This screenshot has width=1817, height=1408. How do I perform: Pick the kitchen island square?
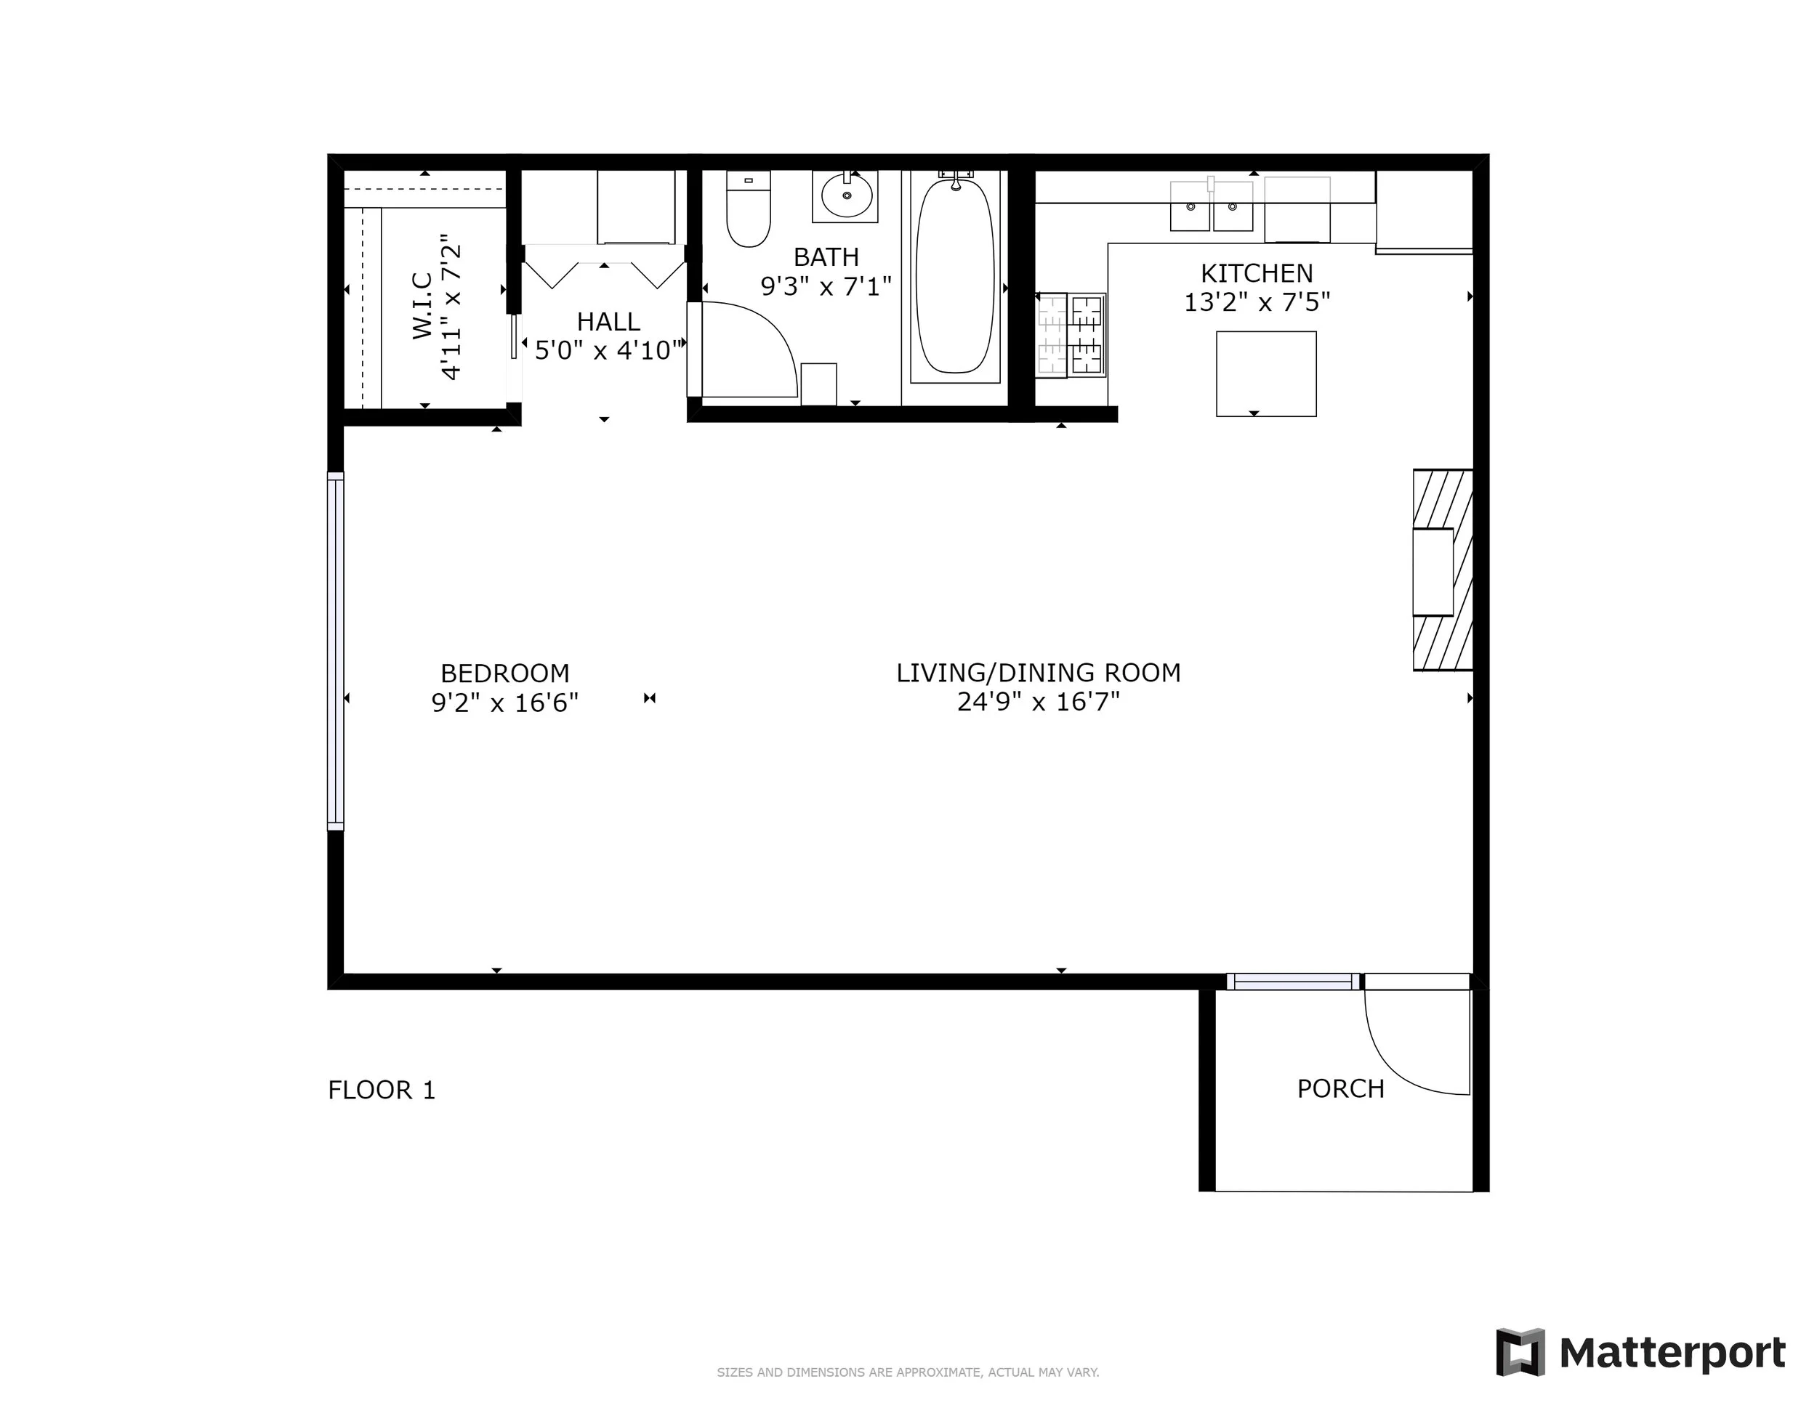pos(1265,373)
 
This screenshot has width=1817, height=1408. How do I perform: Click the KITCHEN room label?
pos(1256,272)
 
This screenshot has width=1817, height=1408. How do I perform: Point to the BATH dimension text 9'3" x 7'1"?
pos(826,286)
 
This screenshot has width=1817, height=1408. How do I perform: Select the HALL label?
pos(608,322)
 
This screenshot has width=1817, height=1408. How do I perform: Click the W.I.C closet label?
pos(423,305)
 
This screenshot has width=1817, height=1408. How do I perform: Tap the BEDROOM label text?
pos(504,673)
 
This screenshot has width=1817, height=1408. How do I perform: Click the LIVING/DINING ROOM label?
pos(1037,673)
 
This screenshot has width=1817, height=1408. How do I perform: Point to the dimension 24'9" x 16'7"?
pos(1037,702)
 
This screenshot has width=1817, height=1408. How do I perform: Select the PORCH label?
pos(1340,1088)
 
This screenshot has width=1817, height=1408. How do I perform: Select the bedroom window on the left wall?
pos(335,651)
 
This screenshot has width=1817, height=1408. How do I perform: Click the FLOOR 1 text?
pos(381,1091)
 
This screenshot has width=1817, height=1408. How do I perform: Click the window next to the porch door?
pos(1293,982)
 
